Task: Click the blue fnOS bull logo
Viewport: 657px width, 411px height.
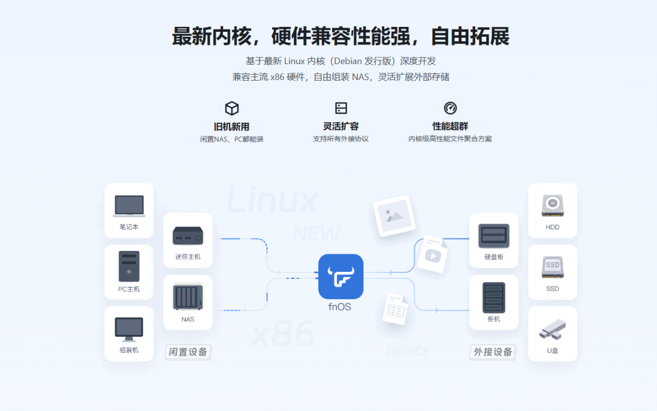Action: pyautogui.click(x=341, y=276)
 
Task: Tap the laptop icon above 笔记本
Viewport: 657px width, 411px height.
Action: pyautogui.click(x=129, y=206)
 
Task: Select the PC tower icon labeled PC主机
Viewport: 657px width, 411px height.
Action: pyautogui.click(x=129, y=266)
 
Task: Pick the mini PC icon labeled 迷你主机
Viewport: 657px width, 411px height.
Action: pyautogui.click(x=188, y=236)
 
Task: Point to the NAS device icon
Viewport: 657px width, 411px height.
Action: pyautogui.click(x=188, y=298)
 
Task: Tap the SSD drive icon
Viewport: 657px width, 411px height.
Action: pyautogui.click(x=552, y=267)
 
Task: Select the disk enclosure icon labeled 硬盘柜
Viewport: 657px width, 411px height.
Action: pyautogui.click(x=494, y=236)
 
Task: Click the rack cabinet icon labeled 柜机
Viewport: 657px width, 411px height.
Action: pyautogui.click(x=494, y=298)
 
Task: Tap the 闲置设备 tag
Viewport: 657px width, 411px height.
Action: pyautogui.click(x=188, y=352)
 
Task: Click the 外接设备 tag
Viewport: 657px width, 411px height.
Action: pyautogui.click(x=493, y=352)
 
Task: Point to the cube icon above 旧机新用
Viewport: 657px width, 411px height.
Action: pyautogui.click(x=232, y=108)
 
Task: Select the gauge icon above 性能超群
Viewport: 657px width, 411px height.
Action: pyautogui.click(x=450, y=108)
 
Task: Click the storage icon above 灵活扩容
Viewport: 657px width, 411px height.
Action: pyautogui.click(x=341, y=108)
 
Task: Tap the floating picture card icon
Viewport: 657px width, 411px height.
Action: pyautogui.click(x=394, y=215)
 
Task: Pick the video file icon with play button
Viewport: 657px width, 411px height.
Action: pyautogui.click(x=433, y=254)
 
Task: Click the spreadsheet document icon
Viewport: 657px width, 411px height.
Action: pyautogui.click(x=396, y=308)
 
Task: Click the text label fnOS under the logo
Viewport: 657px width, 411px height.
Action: pyautogui.click(x=340, y=307)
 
